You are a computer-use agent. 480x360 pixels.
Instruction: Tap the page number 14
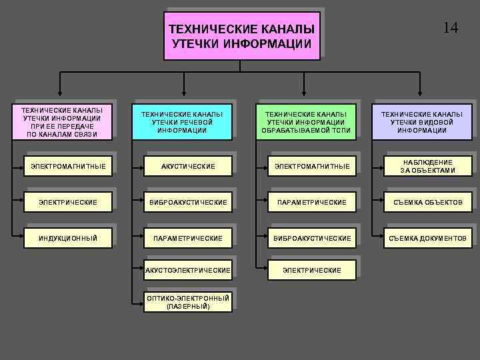[x=451, y=28]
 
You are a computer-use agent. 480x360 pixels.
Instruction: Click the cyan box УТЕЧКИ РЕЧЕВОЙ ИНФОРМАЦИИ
[x=182, y=122]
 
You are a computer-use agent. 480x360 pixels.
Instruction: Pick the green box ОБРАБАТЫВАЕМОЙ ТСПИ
[x=306, y=122]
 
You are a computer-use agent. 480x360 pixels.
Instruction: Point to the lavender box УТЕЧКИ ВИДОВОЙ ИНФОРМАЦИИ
[x=421, y=122]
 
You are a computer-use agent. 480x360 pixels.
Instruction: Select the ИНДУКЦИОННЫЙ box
[x=68, y=238]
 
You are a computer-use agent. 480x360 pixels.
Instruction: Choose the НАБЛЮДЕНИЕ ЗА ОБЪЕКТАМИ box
[x=427, y=166]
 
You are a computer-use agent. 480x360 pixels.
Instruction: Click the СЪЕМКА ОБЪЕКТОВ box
[x=427, y=202]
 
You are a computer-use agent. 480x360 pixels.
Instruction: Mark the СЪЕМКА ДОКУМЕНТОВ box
[x=427, y=238]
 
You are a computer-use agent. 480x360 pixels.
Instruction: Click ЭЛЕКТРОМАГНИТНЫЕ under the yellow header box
[x=68, y=166]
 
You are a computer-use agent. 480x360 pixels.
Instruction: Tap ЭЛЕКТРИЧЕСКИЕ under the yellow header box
[x=68, y=202]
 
